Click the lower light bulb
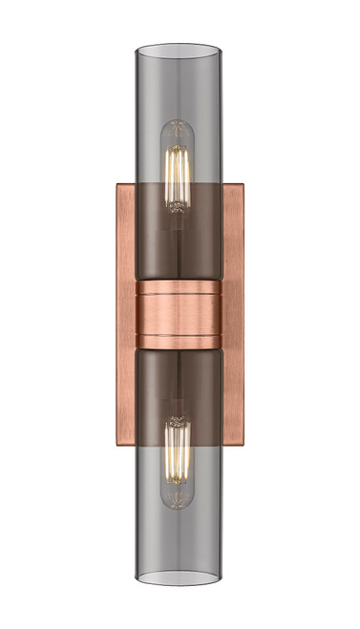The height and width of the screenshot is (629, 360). pos(179,462)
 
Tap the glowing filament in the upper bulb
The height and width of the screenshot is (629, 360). pos(179,172)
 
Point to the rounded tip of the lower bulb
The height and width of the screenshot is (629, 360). pos(179,503)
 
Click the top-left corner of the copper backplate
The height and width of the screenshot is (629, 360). pos(117,185)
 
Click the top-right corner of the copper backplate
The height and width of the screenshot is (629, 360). pos(242,185)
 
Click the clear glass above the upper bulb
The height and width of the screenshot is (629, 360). pos(179,86)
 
